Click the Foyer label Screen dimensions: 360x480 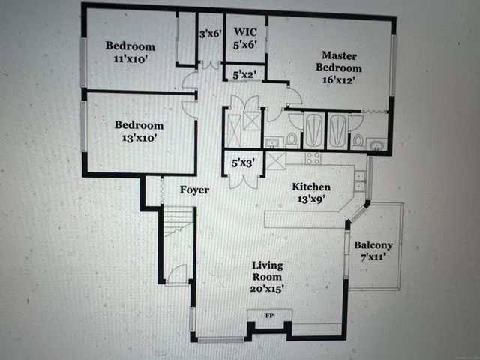[193, 190]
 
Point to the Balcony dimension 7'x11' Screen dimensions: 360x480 [373, 258]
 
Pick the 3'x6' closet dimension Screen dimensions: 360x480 [210, 33]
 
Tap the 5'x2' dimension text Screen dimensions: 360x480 [244, 74]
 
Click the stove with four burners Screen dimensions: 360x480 [313, 159]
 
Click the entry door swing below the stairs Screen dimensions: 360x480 [178, 275]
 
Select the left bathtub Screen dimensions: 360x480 [313, 130]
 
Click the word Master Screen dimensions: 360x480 [339, 55]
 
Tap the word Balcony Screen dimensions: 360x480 [373, 245]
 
